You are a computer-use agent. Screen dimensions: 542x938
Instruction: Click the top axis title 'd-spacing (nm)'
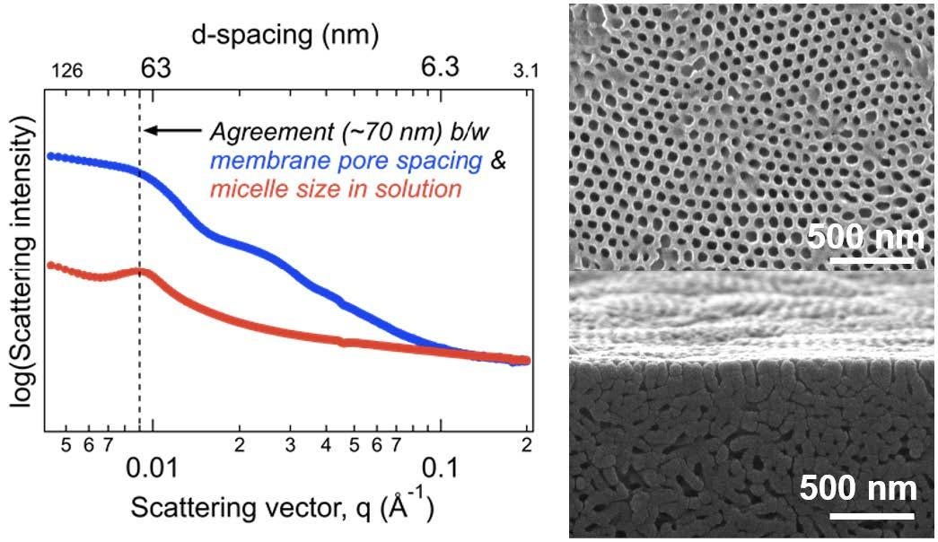285,36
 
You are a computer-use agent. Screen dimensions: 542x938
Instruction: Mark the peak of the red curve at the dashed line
139,271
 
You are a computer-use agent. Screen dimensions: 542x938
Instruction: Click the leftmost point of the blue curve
50,155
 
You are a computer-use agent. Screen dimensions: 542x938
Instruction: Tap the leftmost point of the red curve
50,265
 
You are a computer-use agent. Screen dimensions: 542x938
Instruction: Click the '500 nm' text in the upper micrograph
865,238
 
